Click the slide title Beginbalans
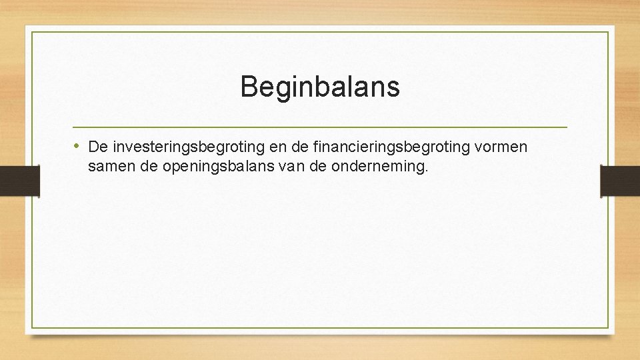320,87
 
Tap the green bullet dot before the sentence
77,145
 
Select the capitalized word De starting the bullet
97,146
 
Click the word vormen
503,147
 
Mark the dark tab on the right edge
620,180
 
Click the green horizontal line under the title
320,127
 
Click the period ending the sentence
425,171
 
